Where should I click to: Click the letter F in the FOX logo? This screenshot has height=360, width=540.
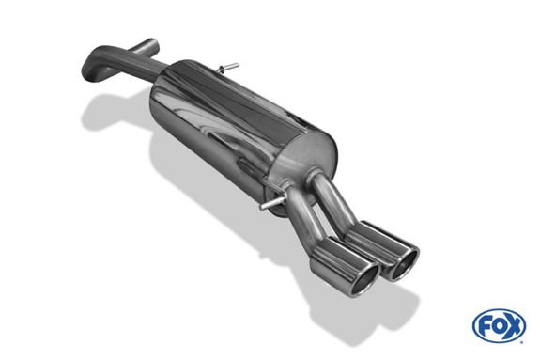(x=484, y=326)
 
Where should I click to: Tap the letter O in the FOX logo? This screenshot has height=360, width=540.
(x=498, y=326)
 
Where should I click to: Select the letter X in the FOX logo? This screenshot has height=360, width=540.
(x=513, y=326)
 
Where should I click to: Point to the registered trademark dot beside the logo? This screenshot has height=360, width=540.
(x=522, y=342)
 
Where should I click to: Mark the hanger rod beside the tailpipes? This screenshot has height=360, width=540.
(x=272, y=203)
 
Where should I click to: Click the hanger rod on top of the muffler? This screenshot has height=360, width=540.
(x=227, y=68)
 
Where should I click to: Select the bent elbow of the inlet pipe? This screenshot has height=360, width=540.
(x=93, y=67)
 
